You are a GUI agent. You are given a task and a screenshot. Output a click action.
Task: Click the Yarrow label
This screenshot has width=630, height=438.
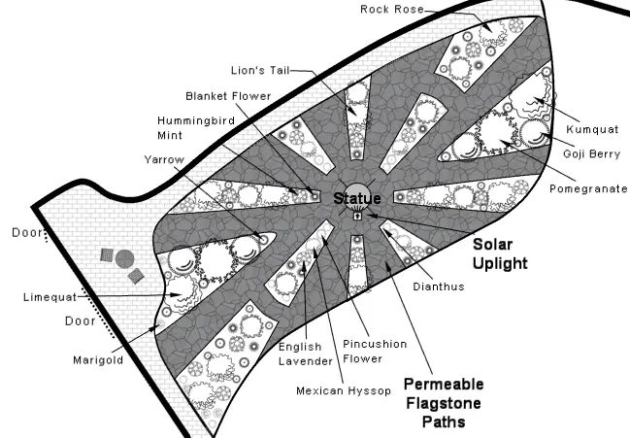pyautogui.click(x=162, y=158)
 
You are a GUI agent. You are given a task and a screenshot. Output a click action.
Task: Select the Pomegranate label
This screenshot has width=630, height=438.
pyautogui.click(x=588, y=187)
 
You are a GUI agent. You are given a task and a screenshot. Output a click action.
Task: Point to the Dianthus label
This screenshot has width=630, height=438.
pyautogui.click(x=433, y=286)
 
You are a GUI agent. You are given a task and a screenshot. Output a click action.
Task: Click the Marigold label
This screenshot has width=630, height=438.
pyautogui.click(x=96, y=358)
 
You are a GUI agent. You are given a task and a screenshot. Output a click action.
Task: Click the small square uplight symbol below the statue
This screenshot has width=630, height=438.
pyautogui.click(x=358, y=218)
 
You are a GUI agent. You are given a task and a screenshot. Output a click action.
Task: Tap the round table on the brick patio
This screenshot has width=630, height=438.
pyautogui.click(x=124, y=258)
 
